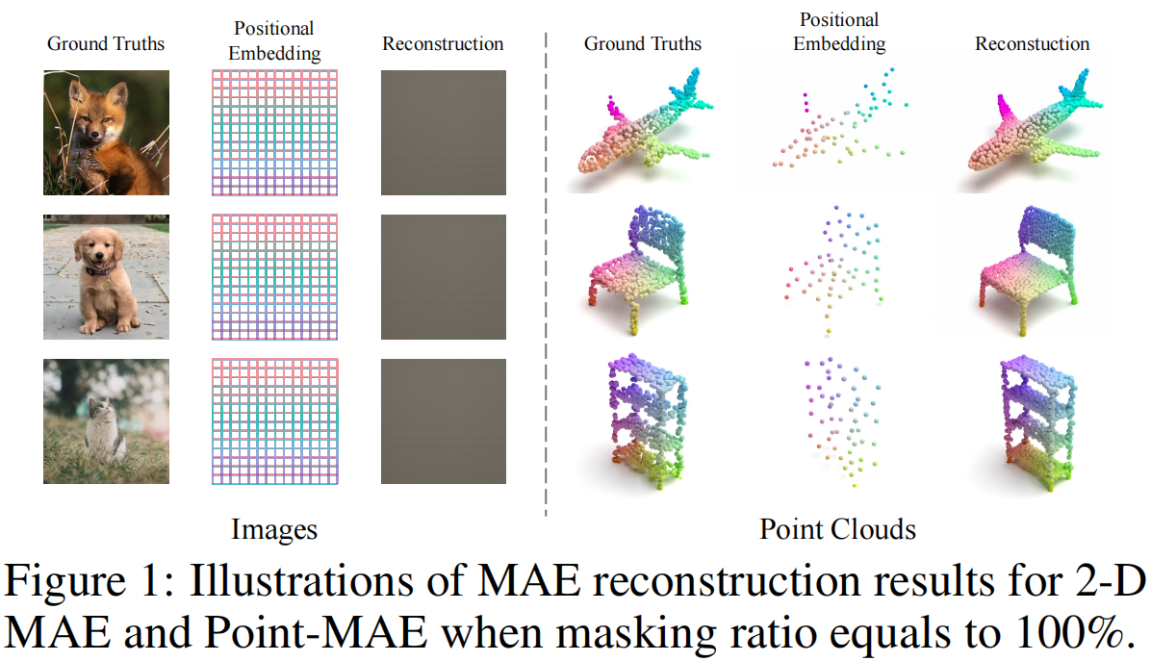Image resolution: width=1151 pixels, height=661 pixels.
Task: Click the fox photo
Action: coord(106,132)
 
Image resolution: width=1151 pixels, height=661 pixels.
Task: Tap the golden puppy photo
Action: coord(106,277)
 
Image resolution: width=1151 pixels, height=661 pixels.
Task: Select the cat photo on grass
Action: coord(106,421)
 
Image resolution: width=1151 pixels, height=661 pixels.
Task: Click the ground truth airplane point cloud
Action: coord(641,125)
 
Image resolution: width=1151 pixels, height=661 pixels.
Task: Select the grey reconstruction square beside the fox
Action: coord(444,132)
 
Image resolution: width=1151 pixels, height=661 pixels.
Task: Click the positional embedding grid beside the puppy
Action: coord(274,277)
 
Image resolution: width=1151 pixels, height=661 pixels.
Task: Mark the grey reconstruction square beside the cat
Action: coord(444,421)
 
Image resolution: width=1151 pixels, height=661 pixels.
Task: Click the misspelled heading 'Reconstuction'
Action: coord(1032,43)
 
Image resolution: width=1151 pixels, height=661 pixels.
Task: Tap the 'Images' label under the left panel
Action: coord(274,528)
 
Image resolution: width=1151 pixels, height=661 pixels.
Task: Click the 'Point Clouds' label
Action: coord(837,528)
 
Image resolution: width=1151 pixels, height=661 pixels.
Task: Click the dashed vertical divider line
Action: coord(546,279)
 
